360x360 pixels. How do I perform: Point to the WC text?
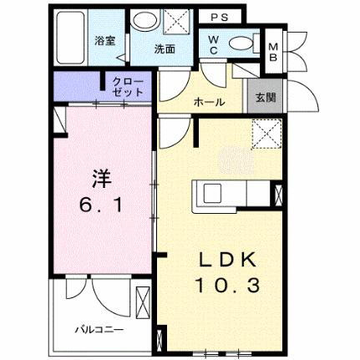213,43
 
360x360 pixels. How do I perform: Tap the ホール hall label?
208,100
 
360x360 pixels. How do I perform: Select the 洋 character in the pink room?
99,178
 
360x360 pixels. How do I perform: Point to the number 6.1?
97,202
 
